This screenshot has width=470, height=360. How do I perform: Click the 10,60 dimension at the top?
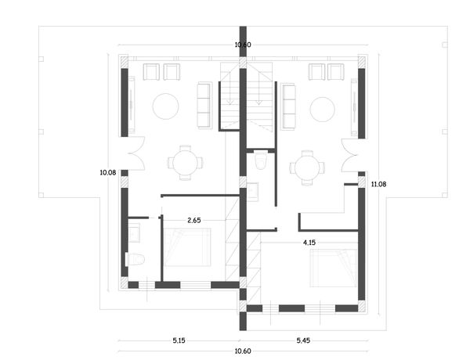click(x=243, y=45)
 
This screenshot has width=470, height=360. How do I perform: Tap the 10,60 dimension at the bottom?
click(x=243, y=351)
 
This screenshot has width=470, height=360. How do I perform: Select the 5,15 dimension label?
click(x=179, y=340)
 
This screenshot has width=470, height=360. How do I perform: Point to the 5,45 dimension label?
click(x=303, y=340)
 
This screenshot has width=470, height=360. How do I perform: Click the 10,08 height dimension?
click(x=108, y=172)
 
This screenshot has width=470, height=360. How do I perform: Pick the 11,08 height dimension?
click(x=378, y=184)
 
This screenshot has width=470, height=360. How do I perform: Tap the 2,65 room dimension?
click(x=194, y=221)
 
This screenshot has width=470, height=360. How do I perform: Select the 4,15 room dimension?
click(x=309, y=243)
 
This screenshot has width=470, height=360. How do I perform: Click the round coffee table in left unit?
click(x=166, y=106)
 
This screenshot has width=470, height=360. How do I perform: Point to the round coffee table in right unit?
click(x=323, y=110)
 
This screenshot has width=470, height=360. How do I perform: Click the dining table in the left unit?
click(x=185, y=163)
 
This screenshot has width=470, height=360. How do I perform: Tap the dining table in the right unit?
click(x=307, y=168)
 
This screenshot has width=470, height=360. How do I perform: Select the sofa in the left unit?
click(x=204, y=106)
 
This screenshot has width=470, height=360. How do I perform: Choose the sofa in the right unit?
click(x=288, y=106)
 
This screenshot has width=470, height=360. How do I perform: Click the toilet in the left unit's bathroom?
click(x=136, y=260)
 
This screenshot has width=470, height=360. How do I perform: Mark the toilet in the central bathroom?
click(x=261, y=160)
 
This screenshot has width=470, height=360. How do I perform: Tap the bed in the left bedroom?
click(x=187, y=247)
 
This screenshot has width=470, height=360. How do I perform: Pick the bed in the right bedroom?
click(x=334, y=268)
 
